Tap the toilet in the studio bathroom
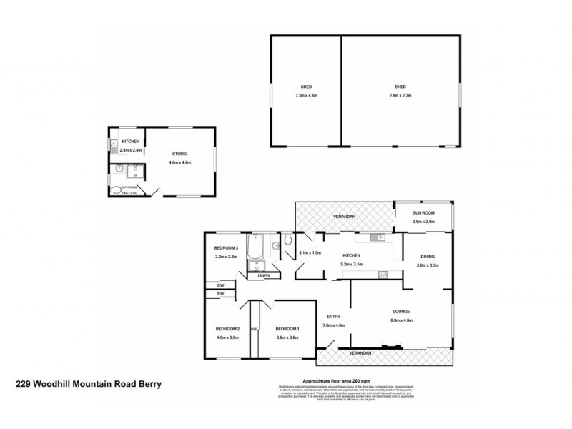point(117,189)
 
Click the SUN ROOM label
point(425,213)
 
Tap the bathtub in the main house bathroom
point(256,249)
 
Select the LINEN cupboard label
point(264,275)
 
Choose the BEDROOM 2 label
point(227,329)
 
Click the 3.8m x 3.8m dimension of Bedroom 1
point(287,337)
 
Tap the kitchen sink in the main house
point(378,237)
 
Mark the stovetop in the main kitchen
point(382,272)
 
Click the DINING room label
point(426,256)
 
